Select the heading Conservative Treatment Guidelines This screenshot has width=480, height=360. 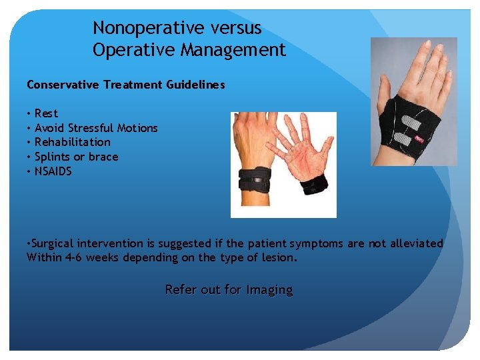coord(125,85)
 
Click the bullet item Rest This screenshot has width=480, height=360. coord(46,113)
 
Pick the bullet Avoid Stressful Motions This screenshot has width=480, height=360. coord(96,128)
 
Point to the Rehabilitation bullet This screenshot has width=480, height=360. coord(72,142)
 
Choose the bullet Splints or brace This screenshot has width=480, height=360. coord(76,157)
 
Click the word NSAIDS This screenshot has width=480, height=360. coord(53,171)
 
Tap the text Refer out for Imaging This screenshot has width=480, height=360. coord(229,290)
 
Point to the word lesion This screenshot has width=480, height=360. coord(277,257)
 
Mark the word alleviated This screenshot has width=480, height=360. coord(411,244)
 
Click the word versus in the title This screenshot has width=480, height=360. coord(233,29)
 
